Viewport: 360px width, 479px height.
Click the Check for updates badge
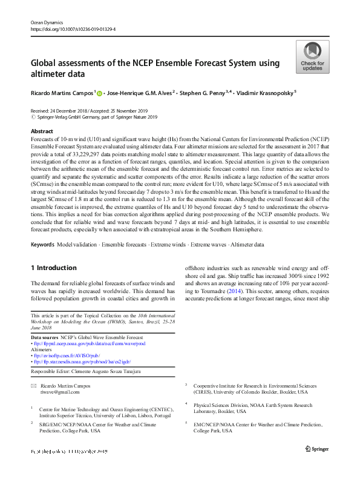pos(312,57)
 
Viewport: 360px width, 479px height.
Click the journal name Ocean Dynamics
pos(47,21)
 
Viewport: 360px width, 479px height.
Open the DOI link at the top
pos(73,28)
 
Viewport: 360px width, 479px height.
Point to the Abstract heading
pos(41,131)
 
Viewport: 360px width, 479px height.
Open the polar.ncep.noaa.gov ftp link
pos(88,343)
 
